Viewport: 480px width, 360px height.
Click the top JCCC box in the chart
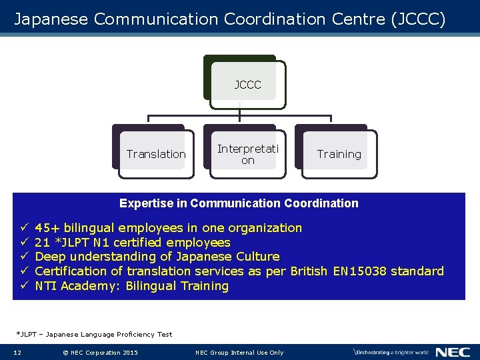point(247,85)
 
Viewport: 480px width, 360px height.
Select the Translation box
point(156,154)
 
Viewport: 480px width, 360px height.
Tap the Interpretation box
point(247,154)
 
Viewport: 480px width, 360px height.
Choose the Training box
point(339,154)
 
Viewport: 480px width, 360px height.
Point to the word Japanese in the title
point(51,19)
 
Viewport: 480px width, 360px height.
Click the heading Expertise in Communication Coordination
point(239,203)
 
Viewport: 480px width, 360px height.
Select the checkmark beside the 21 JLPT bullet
point(22,243)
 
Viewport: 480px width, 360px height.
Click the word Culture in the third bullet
point(257,257)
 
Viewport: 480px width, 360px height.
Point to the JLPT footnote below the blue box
point(94,334)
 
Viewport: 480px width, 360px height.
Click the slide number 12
point(17,352)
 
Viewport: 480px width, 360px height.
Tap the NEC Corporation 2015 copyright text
point(99,352)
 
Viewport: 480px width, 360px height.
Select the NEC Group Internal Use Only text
point(239,352)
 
